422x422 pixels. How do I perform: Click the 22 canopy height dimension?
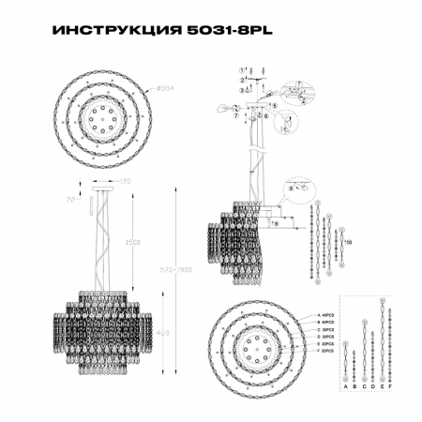click(71, 199)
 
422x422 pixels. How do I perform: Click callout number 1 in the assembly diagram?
click(242, 71)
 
